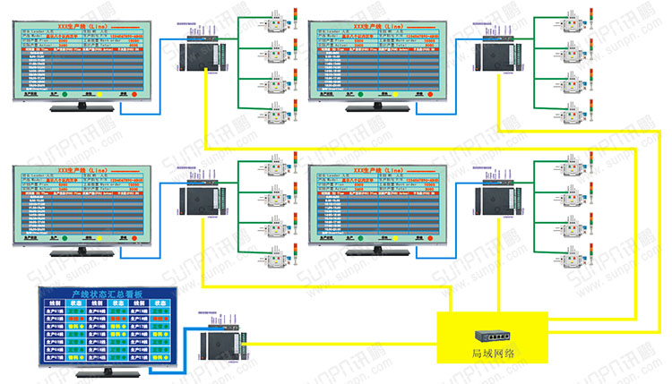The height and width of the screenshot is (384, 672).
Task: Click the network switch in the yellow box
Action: point(491,337)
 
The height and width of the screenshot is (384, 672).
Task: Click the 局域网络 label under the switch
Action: point(491,354)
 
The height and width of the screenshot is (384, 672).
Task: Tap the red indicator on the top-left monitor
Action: point(134,93)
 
